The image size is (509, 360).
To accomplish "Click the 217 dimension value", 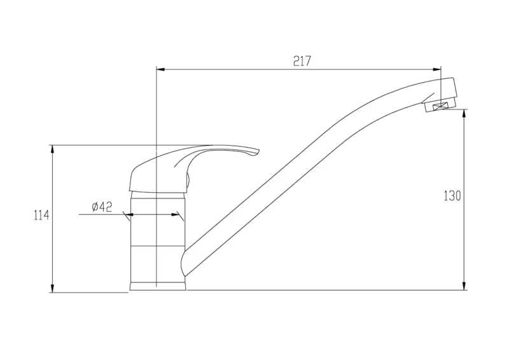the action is click(302, 61).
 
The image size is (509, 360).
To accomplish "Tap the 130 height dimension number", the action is click(452, 196).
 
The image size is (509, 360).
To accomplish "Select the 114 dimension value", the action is click(41, 215).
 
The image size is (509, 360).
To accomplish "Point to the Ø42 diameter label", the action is click(102, 207).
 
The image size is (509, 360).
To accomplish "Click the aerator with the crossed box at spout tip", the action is click(441, 106).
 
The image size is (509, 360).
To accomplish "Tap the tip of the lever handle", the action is click(259, 151).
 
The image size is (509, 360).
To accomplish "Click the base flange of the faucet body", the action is click(158, 286).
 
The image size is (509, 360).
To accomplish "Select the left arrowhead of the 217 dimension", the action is click(160, 69).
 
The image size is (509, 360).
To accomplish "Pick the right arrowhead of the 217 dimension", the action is click(437, 69).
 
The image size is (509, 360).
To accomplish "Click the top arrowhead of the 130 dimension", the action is click(465, 113).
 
